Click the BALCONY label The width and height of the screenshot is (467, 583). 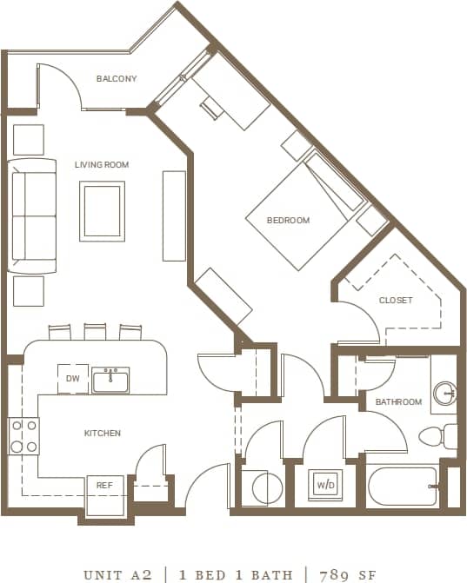[x=117, y=79]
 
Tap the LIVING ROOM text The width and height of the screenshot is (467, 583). [x=102, y=164]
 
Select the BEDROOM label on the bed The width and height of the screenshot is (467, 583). [x=288, y=221]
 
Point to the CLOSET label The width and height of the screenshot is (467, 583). [x=396, y=301]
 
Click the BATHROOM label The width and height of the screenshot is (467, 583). [x=398, y=402]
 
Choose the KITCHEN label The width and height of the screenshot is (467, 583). [x=102, y=433]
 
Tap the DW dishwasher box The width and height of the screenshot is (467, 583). [x=72, y=379]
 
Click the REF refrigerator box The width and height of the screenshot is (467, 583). [x=104, y=487]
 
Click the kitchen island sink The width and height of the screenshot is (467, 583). [x=111, y=380]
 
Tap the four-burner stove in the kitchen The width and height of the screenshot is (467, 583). [x=23, y=435]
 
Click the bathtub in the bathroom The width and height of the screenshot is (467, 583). [x=403, y=487]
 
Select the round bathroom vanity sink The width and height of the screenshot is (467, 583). [x=445, y=393]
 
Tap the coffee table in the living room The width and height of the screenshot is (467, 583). [x=102, y=211]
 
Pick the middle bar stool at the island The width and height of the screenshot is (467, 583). [x=95, y=332]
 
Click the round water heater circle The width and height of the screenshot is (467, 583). [x=265, y=489]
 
